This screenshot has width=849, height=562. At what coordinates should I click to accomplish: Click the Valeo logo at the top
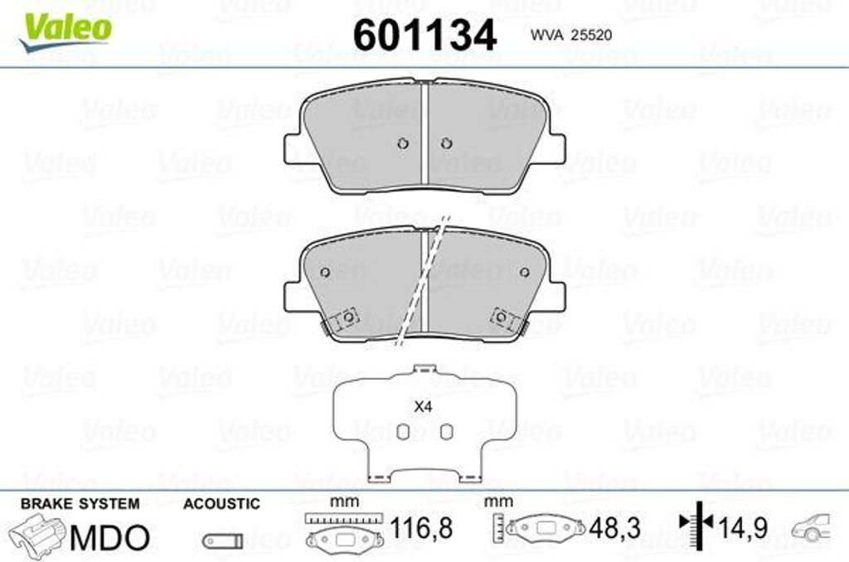(x=65, y=32)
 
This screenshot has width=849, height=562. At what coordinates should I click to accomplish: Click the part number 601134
(x=424, y=35)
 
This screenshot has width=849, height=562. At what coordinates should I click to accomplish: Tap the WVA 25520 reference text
(x=570, y=35)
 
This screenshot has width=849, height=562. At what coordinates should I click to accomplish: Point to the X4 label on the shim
(x=422, y=407)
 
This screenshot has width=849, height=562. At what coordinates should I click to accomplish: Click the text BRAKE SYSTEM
(x=80, y=503)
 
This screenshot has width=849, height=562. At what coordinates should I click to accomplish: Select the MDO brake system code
(x=109, y=538)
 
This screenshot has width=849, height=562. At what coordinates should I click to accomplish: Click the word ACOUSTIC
(x=221, y=503)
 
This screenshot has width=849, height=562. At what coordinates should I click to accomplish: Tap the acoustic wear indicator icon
(x=222, y=540)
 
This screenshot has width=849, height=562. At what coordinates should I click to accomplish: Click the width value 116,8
(x=421, y=528)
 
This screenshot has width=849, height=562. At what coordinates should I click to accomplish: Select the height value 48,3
(x=614, y=528)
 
